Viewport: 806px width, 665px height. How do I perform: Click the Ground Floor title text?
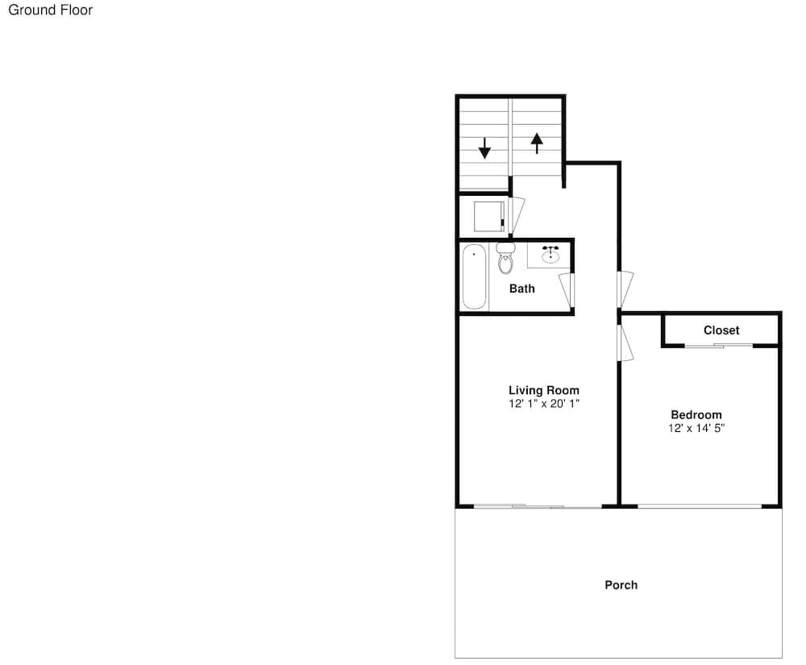(x=50, y=10)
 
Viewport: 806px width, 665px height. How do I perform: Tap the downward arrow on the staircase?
(x=484, y=148)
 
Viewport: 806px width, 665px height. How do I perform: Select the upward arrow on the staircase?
(x=537, y=143)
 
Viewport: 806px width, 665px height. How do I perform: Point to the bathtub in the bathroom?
(x=474, y=277)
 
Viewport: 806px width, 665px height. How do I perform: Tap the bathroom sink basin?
(x=550, y=255)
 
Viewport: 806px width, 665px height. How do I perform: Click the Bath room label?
(x=521, y=289)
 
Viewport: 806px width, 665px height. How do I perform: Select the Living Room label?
(x=544, y=391)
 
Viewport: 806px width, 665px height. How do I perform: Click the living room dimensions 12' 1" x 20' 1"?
(x=544, y=404)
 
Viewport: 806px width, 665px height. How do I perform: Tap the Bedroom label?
(x=696, y=415)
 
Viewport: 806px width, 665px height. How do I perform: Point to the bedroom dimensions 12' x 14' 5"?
(x=696, y=428)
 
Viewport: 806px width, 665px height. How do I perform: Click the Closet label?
(x=721, y=330)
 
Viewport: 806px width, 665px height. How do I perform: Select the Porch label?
(x=621, y=585)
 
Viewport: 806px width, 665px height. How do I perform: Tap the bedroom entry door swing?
(x=625, y=343)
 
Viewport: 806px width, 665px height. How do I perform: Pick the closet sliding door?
(x=719, y=345)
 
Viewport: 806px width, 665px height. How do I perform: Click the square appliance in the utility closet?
(x=489, y=216)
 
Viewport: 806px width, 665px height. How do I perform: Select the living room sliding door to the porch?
(x=538, y=507)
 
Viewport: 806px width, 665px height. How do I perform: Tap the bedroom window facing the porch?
(x=700, y=506)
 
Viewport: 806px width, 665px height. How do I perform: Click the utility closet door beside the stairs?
(x=517, y=215)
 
